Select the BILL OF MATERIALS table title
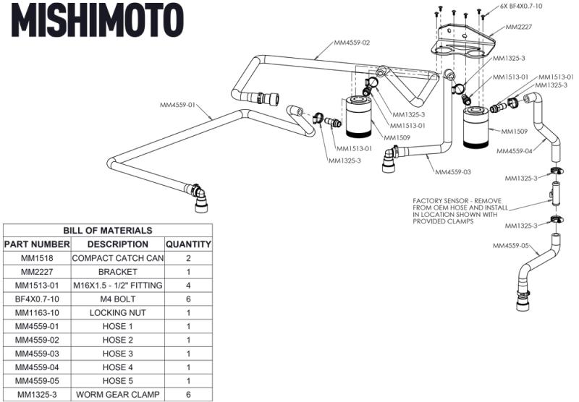click(x=107, y=230)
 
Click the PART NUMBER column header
click(x=37, y=244)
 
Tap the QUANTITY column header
click(x=188, y=244)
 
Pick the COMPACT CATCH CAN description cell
click(x=117, y=258)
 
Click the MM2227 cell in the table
click(x=37, y=272)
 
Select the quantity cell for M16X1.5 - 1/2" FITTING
click(x=188, y=286)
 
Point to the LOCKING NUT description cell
click(x=117, y=313)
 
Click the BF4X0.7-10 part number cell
click(x=37, y=299)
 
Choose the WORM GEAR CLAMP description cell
click(x=117, y=395)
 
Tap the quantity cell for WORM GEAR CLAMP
click(x=188, y=395)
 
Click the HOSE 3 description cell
click(x=117, y=354)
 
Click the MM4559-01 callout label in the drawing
click(x=177, y=105)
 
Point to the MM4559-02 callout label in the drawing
click(x=352, y=43)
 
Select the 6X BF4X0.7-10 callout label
click(x=521, y=7)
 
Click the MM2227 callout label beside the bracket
click(x=519, y=27)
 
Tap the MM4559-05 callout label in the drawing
click(x=511, y=246)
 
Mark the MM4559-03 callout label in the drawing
click(x=453, y=173)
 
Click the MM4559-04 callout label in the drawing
click(x=515, y=151)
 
